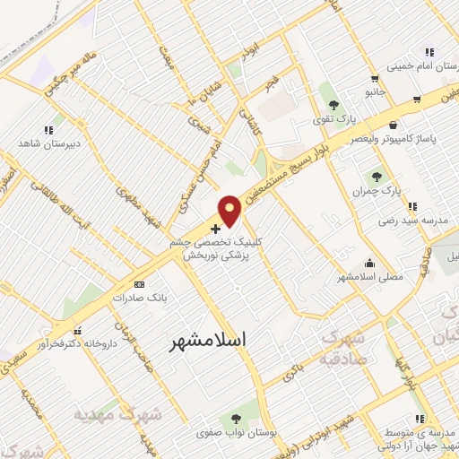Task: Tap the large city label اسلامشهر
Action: pos(207,341)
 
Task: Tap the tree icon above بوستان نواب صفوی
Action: pos(236,419)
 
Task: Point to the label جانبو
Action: pos(374,91)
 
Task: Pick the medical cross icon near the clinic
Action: pos(214,229)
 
